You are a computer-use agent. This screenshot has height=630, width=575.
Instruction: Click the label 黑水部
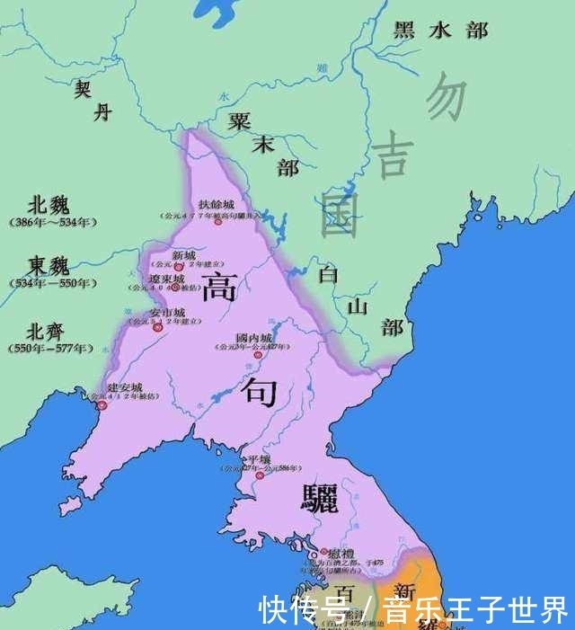pyautogui.click(x=440, y=30)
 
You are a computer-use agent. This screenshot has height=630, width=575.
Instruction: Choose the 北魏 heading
pyautogui.click(x=49, y=205)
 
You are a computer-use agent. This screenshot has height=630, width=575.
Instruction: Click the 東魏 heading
pyautogui.click(x=49, y=267)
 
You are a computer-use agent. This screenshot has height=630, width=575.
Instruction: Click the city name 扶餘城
pyautogui.click(x=217, y=205)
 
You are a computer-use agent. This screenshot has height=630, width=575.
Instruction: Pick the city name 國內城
pyautogui.click(x=253, y=337)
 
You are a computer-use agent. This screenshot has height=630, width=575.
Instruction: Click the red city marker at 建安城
pyautogui.click(x=103, y=405)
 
